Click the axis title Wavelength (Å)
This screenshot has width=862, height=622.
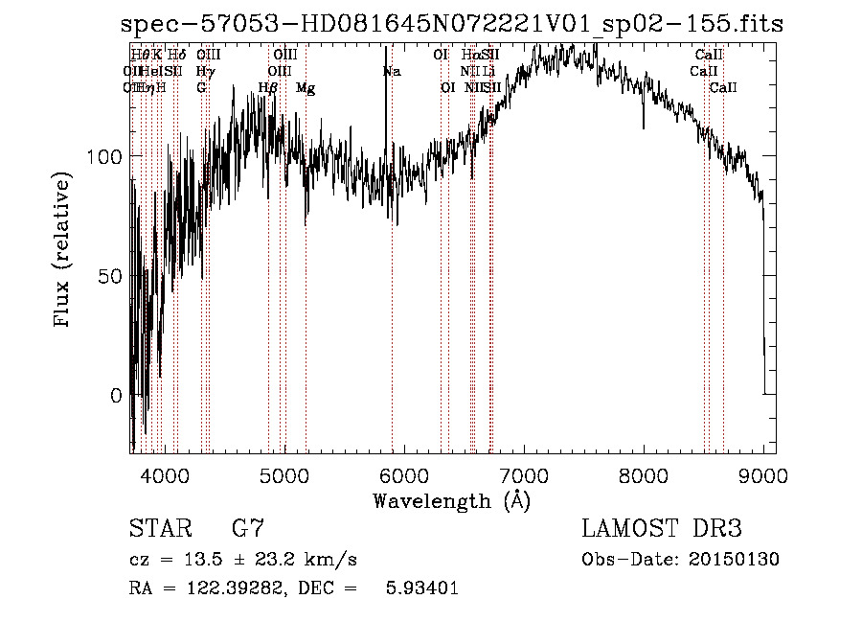452,499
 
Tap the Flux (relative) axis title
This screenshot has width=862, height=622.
63,251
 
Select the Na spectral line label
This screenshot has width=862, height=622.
392,72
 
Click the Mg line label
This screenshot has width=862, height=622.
306,88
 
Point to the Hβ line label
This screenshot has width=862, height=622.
268,88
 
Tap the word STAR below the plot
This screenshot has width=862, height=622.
159,529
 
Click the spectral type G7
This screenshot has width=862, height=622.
247,529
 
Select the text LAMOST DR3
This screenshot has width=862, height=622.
662,529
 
